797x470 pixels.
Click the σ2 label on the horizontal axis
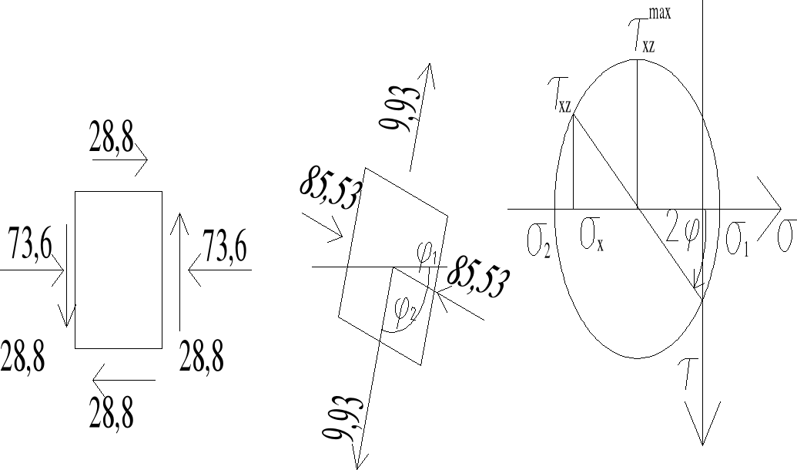click(538, 240)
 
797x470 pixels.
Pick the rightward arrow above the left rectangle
click(120, 161)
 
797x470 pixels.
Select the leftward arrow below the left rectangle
click(123, 379)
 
